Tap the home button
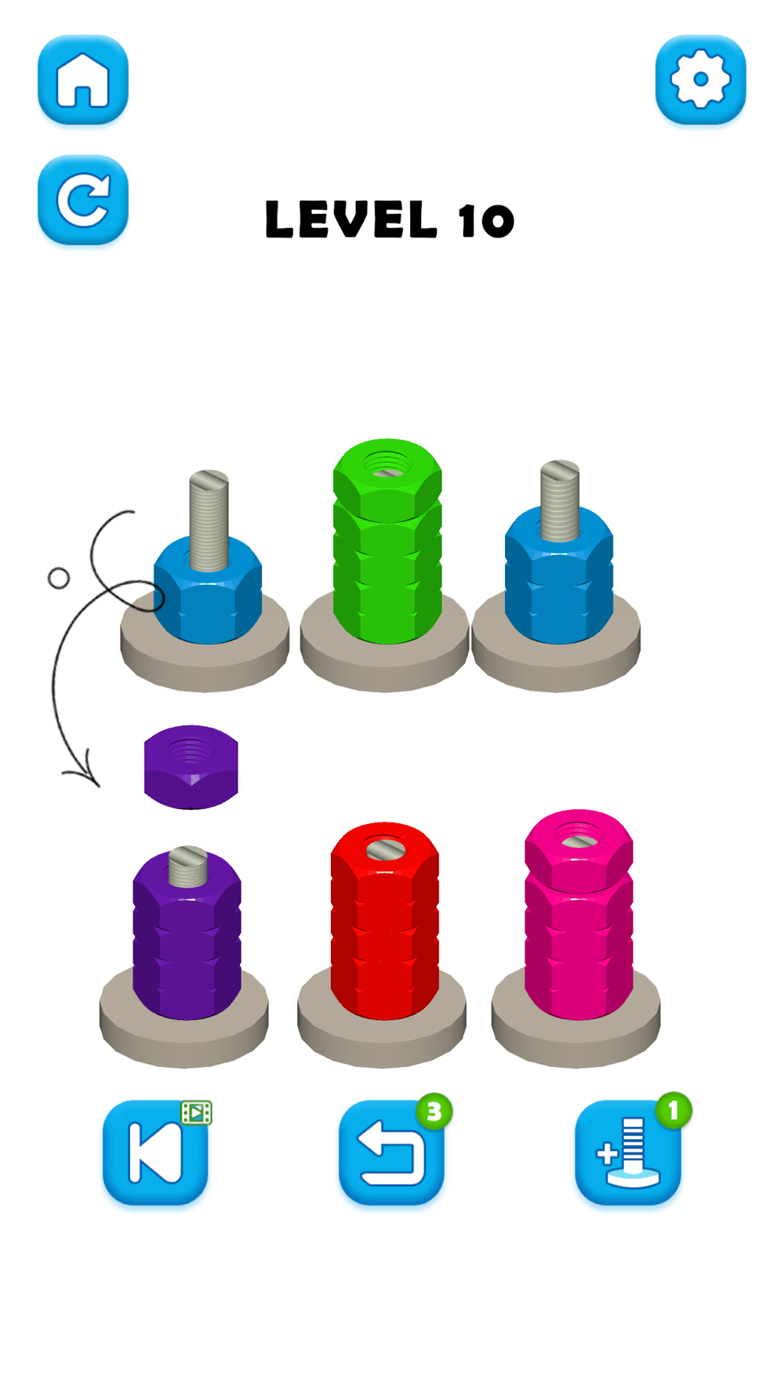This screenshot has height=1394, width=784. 83,80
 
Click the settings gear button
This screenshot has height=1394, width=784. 701,80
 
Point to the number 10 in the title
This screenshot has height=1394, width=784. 486,220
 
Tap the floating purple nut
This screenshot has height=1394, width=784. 191,767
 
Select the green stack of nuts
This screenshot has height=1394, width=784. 387,541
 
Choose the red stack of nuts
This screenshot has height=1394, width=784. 384,921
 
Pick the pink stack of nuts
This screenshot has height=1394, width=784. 579,915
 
